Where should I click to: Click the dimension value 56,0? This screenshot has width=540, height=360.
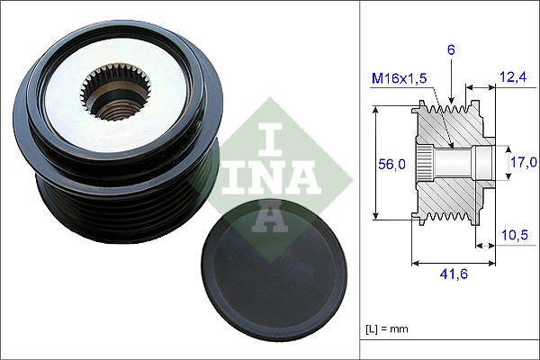coord(391,163)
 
